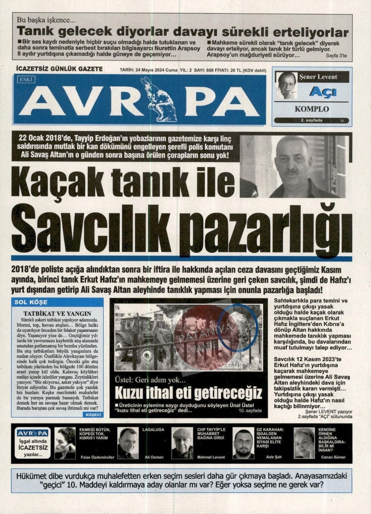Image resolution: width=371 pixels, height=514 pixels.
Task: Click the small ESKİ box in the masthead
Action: click(27, 80)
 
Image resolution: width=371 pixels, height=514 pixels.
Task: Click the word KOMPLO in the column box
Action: click(312, 109)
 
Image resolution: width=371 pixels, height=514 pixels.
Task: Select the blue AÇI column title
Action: click(322, 91)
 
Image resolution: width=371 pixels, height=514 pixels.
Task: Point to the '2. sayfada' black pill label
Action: click(311, 120)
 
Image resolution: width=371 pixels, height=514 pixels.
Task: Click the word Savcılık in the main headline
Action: click(86, 226)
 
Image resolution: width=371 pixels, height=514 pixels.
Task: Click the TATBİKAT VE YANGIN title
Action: click(57, 314)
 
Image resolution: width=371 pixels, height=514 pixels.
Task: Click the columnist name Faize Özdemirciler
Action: click(97, 457)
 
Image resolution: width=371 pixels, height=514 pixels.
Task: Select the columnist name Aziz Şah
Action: click(274, 457)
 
